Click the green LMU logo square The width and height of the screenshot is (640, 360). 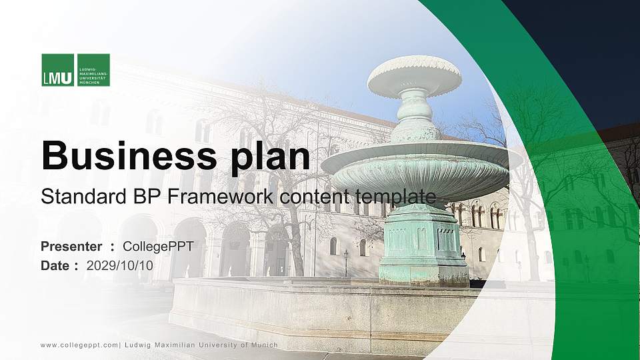58,70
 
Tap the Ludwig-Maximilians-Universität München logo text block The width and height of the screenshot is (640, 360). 93,70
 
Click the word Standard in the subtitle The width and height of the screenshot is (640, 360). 73,197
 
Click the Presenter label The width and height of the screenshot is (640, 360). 71,247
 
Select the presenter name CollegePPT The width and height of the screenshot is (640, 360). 158,247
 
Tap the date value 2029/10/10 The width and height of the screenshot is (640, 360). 120,265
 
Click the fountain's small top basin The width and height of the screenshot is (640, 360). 414,75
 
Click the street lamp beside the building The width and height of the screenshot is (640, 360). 345,261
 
